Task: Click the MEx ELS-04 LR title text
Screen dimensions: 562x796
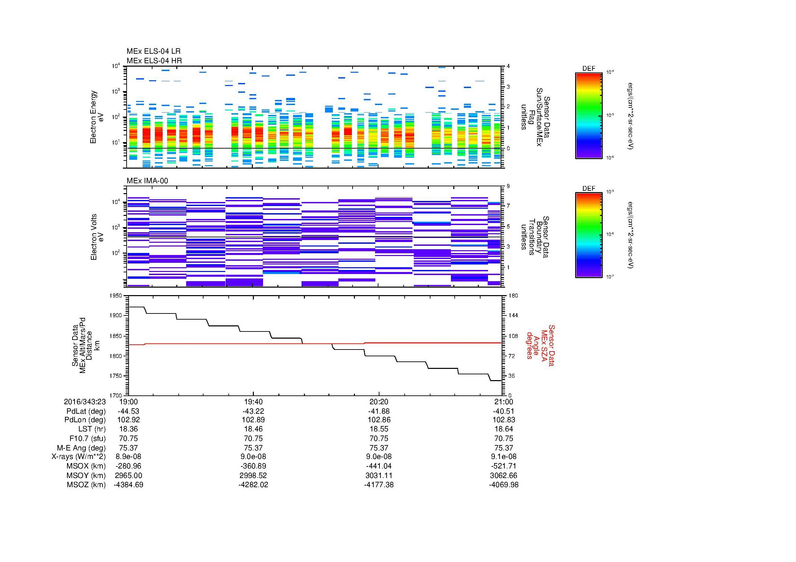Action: tap(153, 51)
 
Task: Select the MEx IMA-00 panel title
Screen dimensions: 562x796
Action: tap(147, 181)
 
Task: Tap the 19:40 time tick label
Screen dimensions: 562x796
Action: tap(254, 402)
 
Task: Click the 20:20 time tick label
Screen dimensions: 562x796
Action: tap(378, 402)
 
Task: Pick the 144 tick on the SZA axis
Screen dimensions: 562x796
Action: tap(513, 316)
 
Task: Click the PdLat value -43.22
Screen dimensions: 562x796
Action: tap(254, 411)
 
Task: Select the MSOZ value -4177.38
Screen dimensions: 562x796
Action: tap(378, 485)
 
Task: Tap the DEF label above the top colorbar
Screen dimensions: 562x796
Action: tap(588, 69)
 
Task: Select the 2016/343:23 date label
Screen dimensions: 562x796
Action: tap(85, 402)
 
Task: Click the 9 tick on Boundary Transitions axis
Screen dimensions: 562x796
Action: tap(508, 186)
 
